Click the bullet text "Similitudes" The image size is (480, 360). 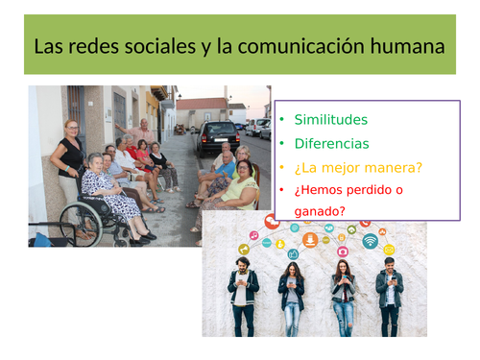point(331,121)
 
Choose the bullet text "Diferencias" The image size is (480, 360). point(332,144)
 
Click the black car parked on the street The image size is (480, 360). point(218,137)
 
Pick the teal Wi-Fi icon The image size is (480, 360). point(370,241)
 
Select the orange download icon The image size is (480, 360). point(310,240)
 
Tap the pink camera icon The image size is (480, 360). point(342,252)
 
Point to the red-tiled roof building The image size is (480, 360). point(202,105)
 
